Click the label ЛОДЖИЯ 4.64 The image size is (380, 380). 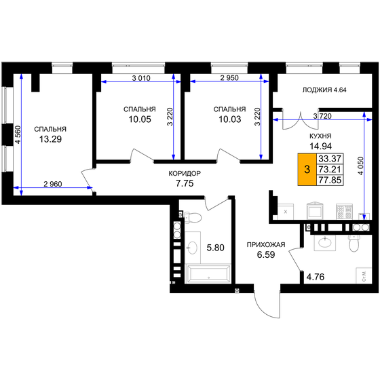(x=323, y=90)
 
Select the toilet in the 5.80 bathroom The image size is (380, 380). (x=193, y=219)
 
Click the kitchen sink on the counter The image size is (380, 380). (x=315, y=211)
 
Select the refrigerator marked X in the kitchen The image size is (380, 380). (x=285, y=212)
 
